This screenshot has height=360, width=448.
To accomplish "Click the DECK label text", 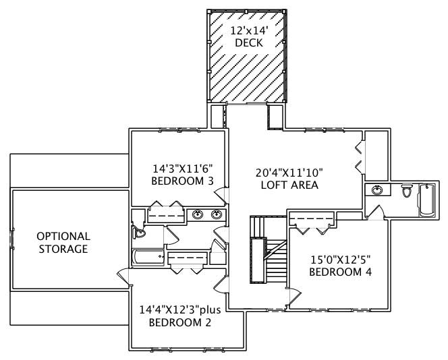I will [248, 43].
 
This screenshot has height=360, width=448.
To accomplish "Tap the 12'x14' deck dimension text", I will [248, 31].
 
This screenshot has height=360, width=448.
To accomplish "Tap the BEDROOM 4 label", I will [340, 272].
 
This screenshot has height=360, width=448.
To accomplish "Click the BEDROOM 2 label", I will [180, 322].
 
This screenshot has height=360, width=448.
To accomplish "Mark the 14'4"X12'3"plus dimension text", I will [180, 310].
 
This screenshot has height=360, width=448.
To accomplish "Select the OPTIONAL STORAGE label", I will [63, 243].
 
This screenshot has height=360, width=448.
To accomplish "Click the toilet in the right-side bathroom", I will [407, 191].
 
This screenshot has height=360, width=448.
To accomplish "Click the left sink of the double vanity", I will [198, 215].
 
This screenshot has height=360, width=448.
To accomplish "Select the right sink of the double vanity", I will [216, 215].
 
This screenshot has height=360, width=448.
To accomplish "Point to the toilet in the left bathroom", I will [140, 233].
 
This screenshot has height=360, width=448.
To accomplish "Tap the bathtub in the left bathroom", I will [147, 258].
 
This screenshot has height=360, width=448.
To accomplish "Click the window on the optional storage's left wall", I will [11, 239].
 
